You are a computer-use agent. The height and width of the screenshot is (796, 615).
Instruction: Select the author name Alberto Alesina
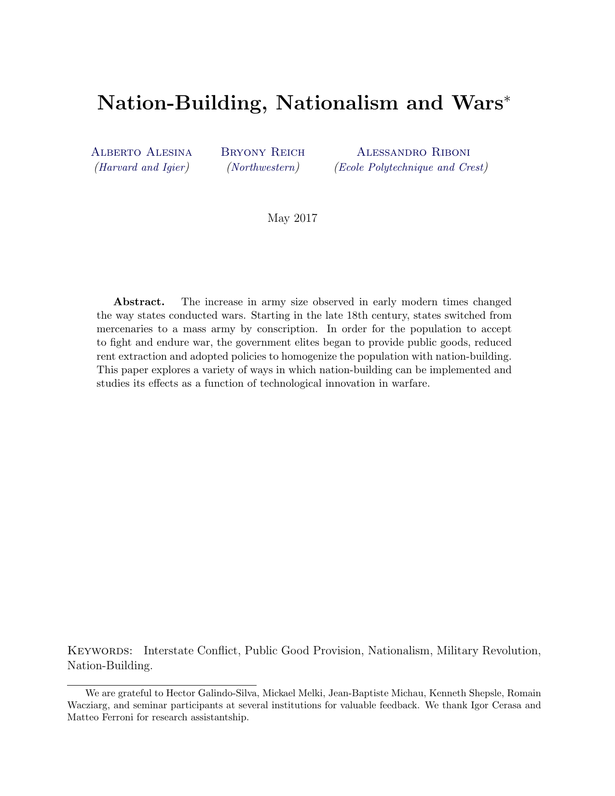(x=142, y=152)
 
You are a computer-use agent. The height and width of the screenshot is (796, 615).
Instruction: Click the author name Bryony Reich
(x=263, y=152)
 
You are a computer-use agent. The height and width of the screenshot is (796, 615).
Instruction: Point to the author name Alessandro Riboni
(x=413, y=152)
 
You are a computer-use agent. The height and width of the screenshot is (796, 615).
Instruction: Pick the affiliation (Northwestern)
(x=263, y=167)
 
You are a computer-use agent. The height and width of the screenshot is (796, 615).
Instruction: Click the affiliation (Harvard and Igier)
(x=142, y=167)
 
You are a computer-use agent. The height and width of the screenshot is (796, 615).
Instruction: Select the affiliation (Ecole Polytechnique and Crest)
(x=411, y=167)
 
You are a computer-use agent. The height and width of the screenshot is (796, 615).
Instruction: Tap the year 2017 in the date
(x=305, y=218)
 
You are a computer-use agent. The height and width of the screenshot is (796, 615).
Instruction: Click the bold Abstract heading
(x=139, y=302)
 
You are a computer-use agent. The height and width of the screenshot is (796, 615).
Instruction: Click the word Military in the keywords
(x=458, y=651)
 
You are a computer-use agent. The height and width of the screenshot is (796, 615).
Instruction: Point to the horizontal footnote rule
(x=162, y=685)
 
